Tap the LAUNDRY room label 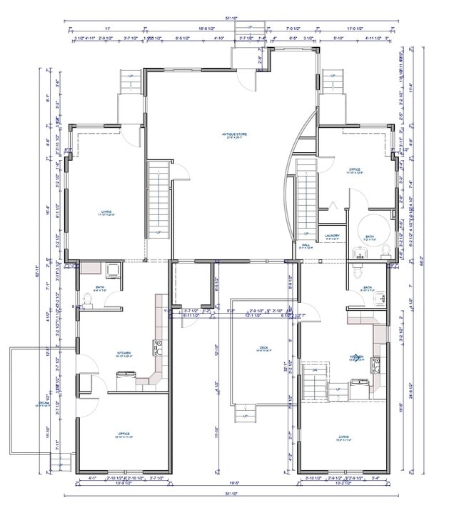tap(331, 235)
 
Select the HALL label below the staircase tap(306, 246)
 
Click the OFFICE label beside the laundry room tap(354, 171)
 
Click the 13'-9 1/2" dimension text tap(123, 484)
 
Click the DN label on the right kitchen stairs tap(316, 369)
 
